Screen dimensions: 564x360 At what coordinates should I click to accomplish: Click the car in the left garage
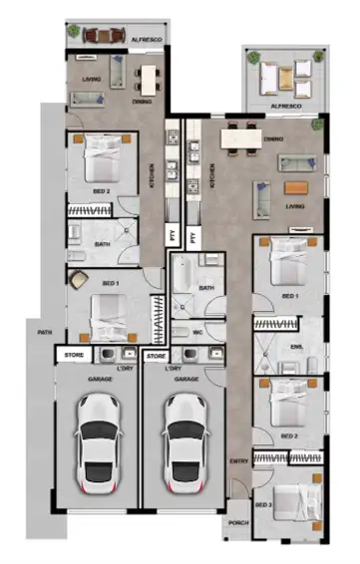pyautogui.click(x=97, y=438)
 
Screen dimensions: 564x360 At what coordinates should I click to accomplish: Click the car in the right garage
pyautogui.click(x=184, y=438)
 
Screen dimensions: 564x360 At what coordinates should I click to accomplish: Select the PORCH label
pyautogui.click(x=238, y=522)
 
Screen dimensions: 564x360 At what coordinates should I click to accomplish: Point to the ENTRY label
pyautogui.click(x=239, y=460)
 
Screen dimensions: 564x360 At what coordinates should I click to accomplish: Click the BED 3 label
pyautogui.click(x=263, y=506)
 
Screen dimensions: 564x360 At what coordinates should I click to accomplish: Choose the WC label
pyautogui.click(x=197, y=331)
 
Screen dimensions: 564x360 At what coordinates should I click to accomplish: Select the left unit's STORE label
pyautogui.click(x=73, y=355)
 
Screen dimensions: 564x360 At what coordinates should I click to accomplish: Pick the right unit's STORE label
pyautogui.click(x=156, y=355)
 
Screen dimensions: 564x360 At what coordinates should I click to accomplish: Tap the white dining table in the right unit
pyautogui.click(x=239, y=139)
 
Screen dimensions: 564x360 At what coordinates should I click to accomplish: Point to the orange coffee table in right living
pyautogui.click(x=296, y=187)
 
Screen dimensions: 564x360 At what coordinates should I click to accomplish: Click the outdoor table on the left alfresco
pyautogui.click(x=104, y=36)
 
